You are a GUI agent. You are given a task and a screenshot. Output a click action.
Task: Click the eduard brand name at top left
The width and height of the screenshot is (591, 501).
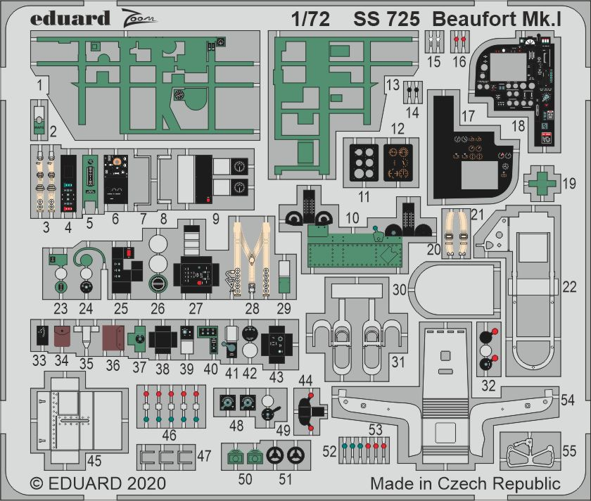(x=70, y=19)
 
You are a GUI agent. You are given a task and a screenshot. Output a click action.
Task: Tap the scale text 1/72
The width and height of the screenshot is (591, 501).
(x=310, y=19)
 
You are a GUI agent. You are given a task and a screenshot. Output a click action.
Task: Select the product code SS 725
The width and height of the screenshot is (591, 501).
(x=386, y=19)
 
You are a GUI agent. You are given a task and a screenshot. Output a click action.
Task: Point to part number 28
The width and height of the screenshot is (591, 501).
(x=252, y=308)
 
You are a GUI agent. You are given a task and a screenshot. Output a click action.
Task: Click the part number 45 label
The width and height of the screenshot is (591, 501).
(x=94, y=460)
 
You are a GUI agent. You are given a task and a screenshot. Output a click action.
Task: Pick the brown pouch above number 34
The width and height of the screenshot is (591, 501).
(x=62, y=336)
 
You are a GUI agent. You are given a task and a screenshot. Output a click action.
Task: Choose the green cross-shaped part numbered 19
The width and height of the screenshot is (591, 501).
(x=542, y=183)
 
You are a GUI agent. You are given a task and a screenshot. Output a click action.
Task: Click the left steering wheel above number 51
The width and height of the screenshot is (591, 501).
(x=275, y=455)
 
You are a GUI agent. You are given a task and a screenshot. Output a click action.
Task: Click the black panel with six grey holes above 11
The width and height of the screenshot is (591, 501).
(x=364, y=162)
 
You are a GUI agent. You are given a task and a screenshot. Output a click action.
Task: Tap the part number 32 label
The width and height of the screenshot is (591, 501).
(x=488, y=386)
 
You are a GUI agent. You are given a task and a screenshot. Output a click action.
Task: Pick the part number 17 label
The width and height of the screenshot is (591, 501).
(x=468, y=115)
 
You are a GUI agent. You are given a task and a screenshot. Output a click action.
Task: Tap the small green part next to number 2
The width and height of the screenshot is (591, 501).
(x=39, y=126)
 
